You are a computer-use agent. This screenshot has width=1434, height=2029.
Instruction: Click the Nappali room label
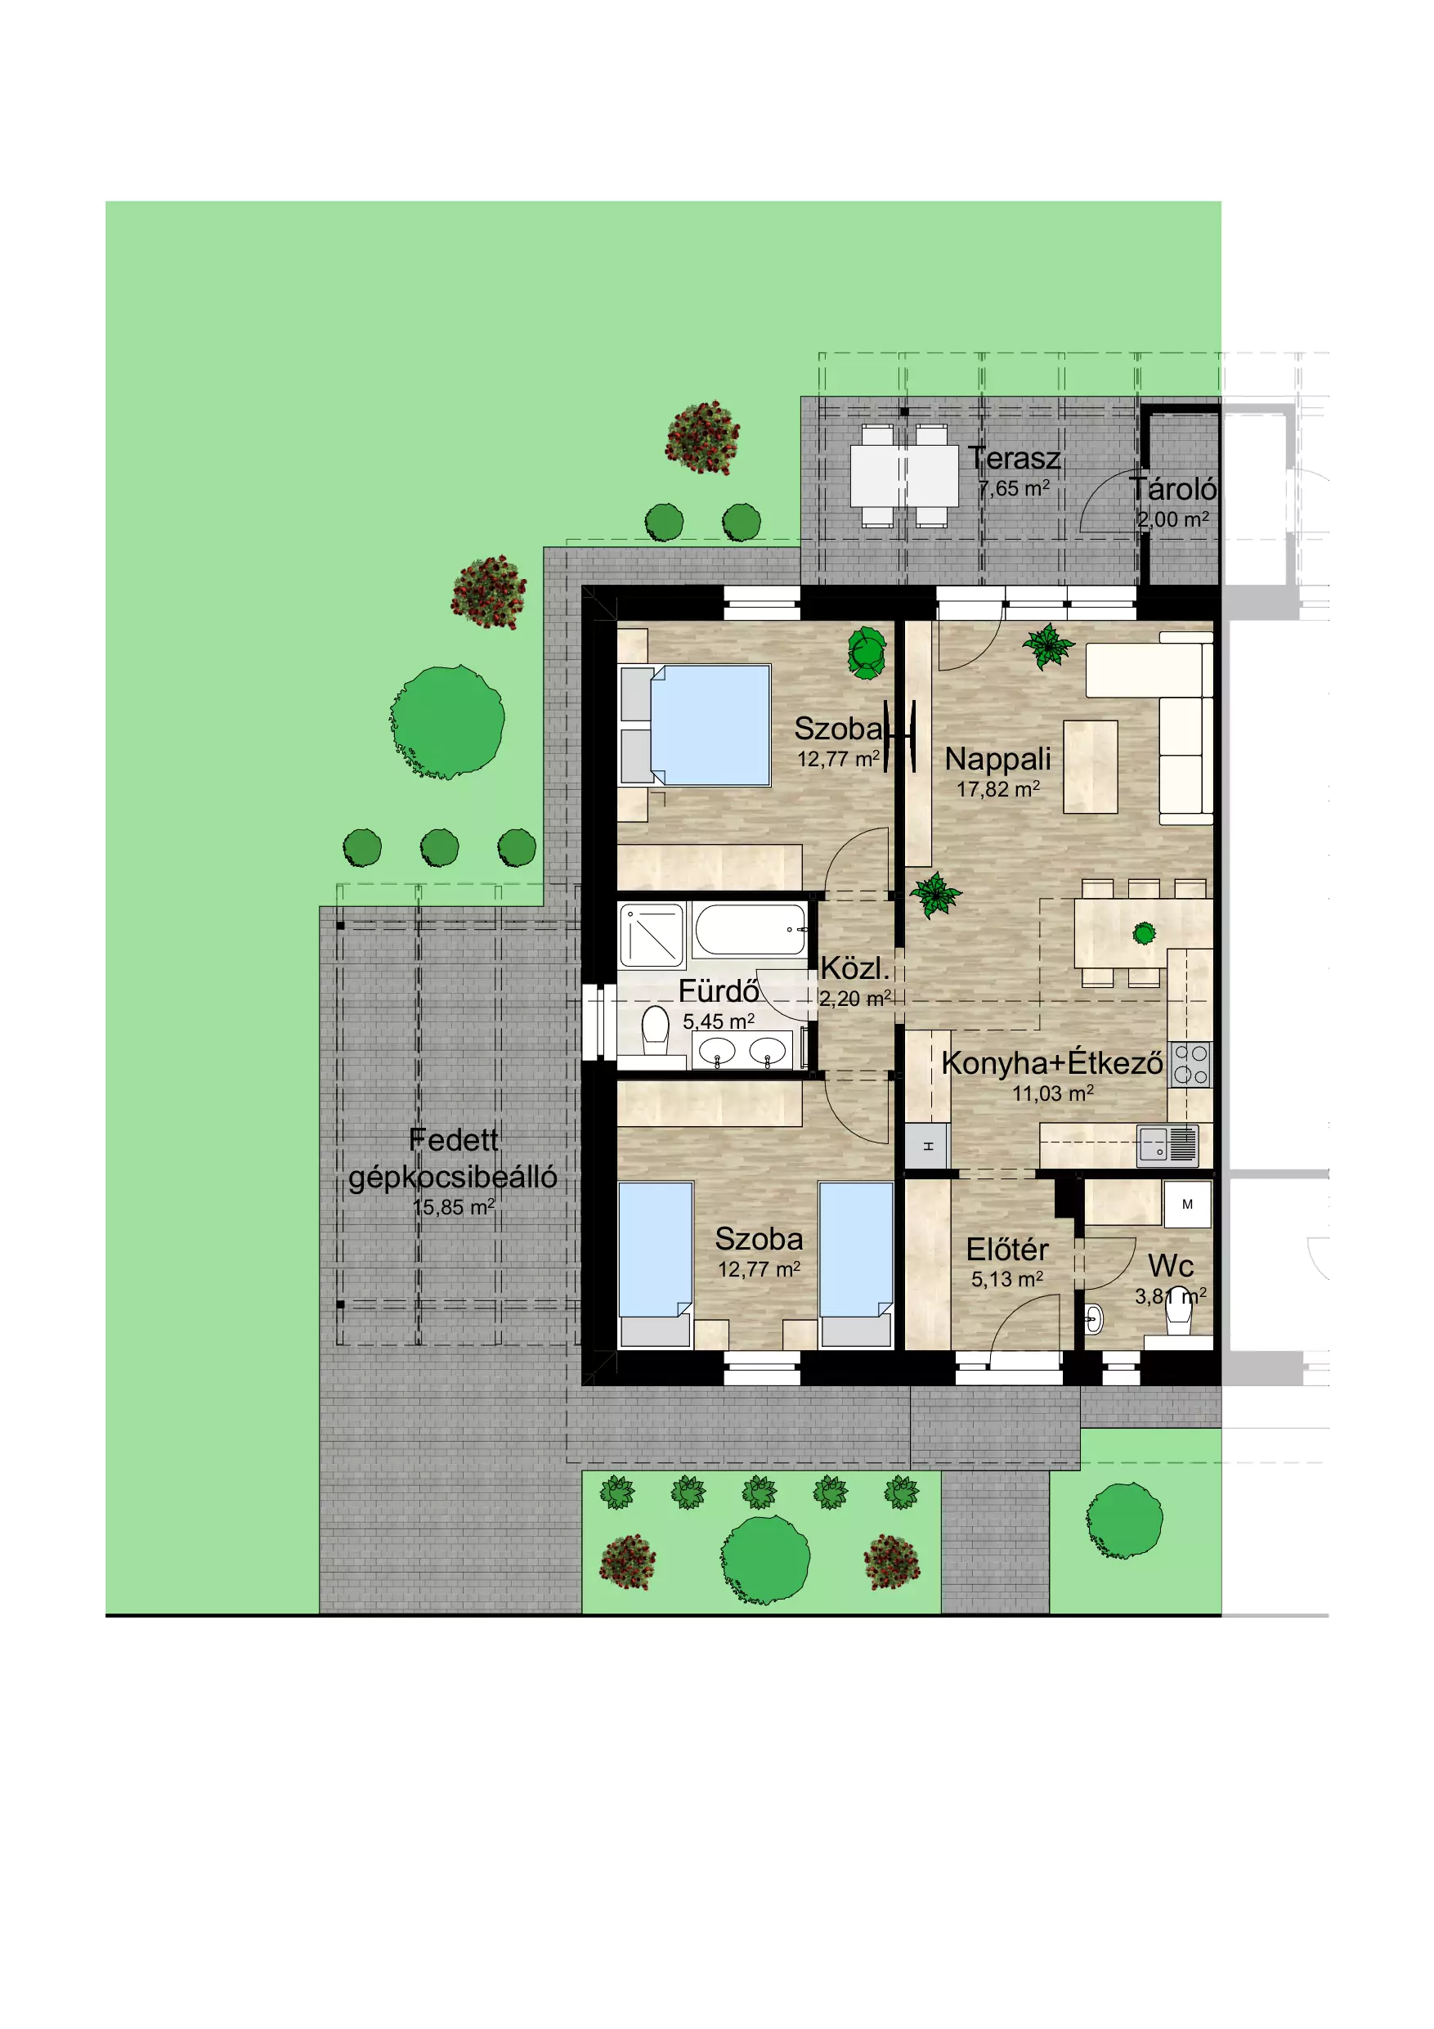[x=997, y=759]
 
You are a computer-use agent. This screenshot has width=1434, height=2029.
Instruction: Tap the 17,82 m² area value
[x=998, y=789]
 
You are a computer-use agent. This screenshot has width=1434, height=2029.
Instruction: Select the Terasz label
[x=1014, y=458]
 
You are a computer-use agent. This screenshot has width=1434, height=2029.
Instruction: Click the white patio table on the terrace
[x=904, y=475]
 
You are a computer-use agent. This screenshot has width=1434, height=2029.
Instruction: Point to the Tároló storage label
[x=1173, y=489]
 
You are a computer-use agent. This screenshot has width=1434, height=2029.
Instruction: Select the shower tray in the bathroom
[x=652, y=935]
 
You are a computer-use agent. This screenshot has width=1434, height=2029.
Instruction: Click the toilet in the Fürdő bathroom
[x=655, y=1031]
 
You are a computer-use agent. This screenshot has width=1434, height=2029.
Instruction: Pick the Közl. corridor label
[x=854, y=968]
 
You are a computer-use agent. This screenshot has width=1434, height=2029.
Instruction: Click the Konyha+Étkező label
[x=1052, y=1063]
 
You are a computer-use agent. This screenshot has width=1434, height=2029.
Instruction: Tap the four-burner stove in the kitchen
[x=1190, y=1065]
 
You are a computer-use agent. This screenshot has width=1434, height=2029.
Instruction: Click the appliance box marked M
[x=1187, y=1205]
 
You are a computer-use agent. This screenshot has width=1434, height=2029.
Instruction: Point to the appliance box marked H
[x=928, y=1147]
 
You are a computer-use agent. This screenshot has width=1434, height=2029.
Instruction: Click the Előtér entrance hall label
[x=1007, y=1250]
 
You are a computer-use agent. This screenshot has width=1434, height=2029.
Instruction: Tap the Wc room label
[x=1172, y=1266]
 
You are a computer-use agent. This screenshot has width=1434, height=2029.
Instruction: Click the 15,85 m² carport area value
[x=453, y=1207]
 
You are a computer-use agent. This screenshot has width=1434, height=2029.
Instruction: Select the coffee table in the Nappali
[x=1091, y=767]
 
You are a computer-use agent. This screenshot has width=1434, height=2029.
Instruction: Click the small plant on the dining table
[x=1145, y=933]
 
